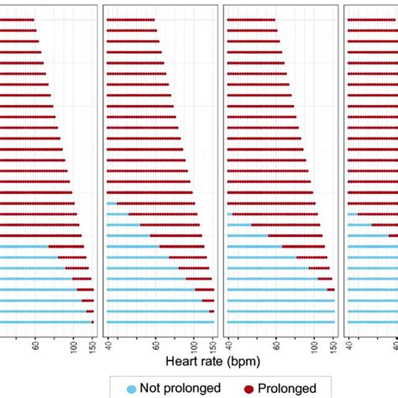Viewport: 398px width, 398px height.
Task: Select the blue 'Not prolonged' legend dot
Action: pos(130,389)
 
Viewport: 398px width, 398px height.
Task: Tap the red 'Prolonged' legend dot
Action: pos(249,389)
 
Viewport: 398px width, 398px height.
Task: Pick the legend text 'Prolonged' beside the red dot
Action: pos(289,388)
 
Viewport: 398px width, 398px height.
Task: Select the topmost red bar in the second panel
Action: pos(131,18)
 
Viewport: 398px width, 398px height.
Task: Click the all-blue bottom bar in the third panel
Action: pos(281,321)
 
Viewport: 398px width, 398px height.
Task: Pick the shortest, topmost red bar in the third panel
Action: pos(251,18)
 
